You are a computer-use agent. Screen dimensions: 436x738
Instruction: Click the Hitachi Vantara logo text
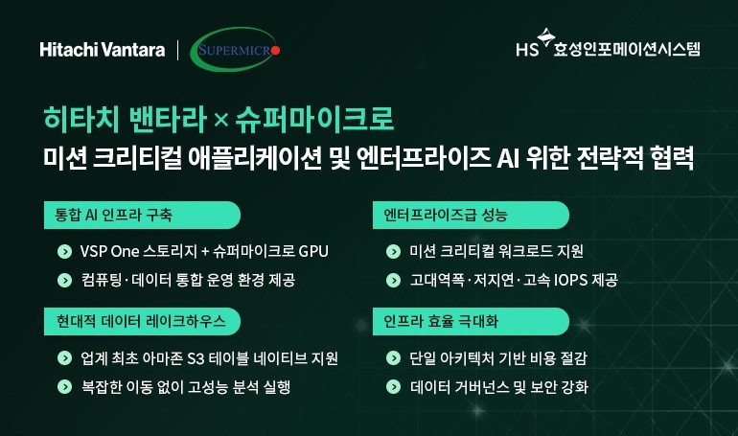click(103, 49)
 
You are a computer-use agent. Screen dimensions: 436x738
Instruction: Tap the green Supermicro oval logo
click(237, 49)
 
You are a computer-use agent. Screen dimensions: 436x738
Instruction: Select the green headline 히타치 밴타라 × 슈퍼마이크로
click(219, 123)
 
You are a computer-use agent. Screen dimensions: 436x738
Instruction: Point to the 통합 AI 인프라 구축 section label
click(114, 214)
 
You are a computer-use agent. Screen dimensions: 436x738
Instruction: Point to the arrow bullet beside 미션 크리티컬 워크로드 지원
click(392, 252)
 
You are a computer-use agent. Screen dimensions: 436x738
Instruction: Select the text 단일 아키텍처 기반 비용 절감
click(498, 359)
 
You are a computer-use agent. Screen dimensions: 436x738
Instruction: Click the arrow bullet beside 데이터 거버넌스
click(392, 387)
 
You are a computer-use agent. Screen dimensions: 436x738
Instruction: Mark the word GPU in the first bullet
click(312, 252)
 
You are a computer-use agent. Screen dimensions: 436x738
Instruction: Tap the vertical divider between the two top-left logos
click(178, 49)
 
